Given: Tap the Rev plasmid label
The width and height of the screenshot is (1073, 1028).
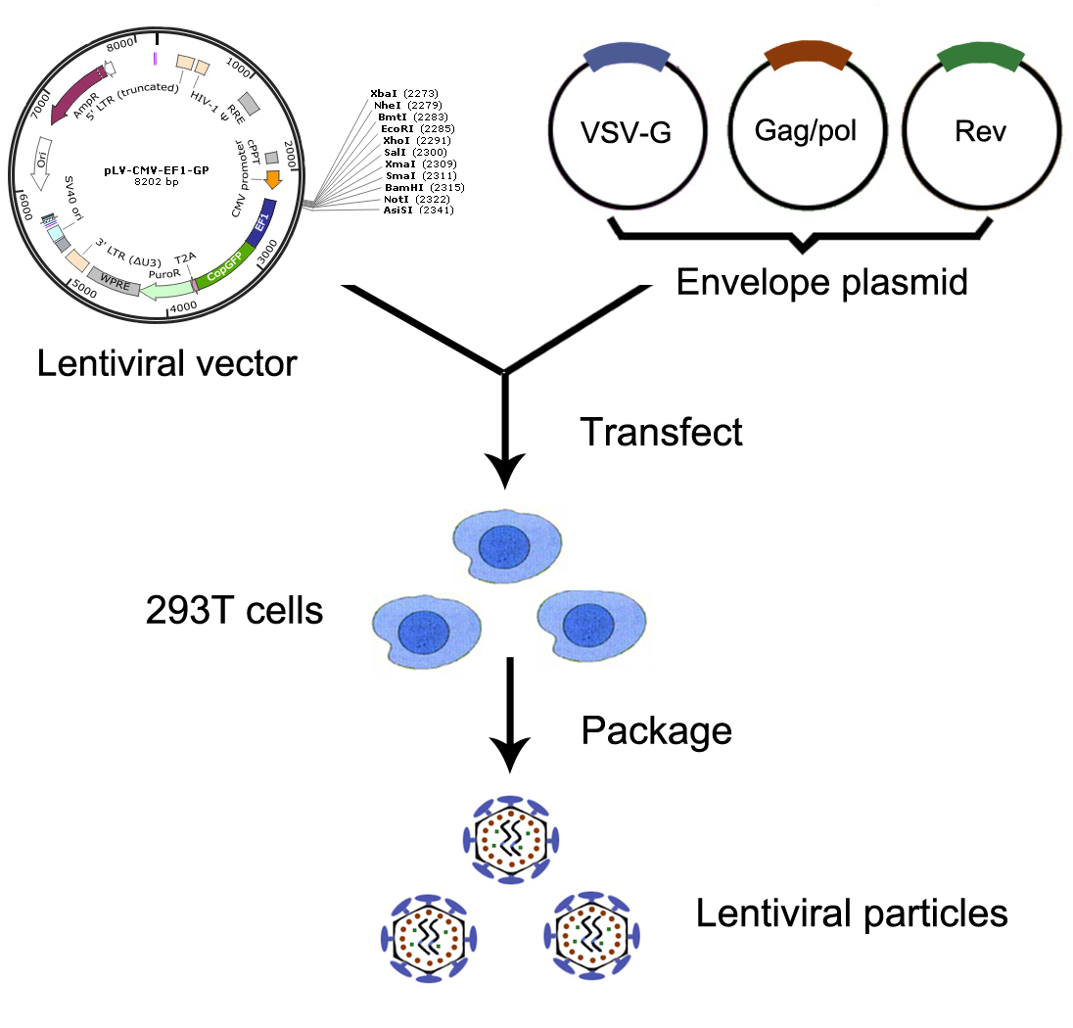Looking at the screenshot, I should tap(979, 131).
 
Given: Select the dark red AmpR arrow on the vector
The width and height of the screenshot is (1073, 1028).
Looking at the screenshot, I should tap(77, 93).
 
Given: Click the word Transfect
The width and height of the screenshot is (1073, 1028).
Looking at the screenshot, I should tap(662, 431).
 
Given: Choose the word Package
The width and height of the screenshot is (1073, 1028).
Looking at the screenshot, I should tap(656, 729).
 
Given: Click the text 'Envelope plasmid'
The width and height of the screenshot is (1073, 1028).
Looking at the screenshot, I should tap(822, 282).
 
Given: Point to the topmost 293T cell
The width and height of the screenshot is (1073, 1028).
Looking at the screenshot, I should tap(506, 545).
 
